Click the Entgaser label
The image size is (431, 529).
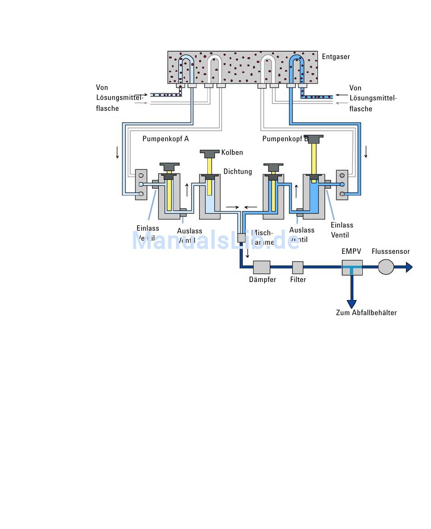pyautogui.click(x=336, y=57)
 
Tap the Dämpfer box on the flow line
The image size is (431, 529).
pyautogui.click(x=262, y=267)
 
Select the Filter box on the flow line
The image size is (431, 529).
pyautogui.click(x=298, y=267)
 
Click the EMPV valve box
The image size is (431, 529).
pyautogui.click(x=352, y=267)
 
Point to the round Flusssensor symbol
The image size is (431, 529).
pyautogui.click(x=386, y=267)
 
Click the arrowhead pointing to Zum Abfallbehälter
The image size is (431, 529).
pyautogui.click(x=352, y=304)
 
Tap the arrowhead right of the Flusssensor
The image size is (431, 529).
pyautogui.click(x=409, y=267)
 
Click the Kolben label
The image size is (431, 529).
pyautogui.click(x=232, y=153)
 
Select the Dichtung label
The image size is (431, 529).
pyautogui.click(x=237, y=172)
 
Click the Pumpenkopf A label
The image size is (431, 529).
pyautogui.click(x=166, y=139)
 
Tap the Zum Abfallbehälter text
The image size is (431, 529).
pyautogui.click(x=366, y=313)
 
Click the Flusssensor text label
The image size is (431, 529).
pyautogui.click(x=391, y=252)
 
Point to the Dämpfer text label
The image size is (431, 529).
pyautogui.click(x=262, y=280)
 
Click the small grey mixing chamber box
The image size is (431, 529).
pyautogui.click(x=241, y=237)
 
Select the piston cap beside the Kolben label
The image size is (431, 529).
pyautogui.click(x=210, y=153)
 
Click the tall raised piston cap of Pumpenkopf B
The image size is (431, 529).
pyautogui.click(x=313, y=138)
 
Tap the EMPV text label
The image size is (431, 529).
pyautogui.click(x=351, y=252)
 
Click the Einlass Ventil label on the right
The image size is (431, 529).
pyautogui.click(x=342, y=230)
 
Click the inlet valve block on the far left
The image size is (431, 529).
pyautogui.click(x=141, y=184)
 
